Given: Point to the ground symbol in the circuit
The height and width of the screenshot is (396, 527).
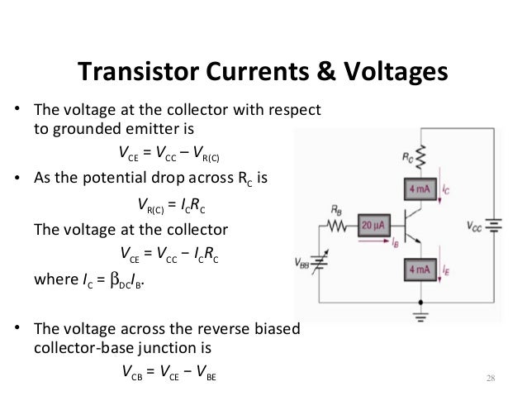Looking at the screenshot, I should [x=423, y=315].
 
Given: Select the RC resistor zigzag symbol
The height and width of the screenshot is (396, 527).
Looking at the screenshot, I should [x=423, y=153].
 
